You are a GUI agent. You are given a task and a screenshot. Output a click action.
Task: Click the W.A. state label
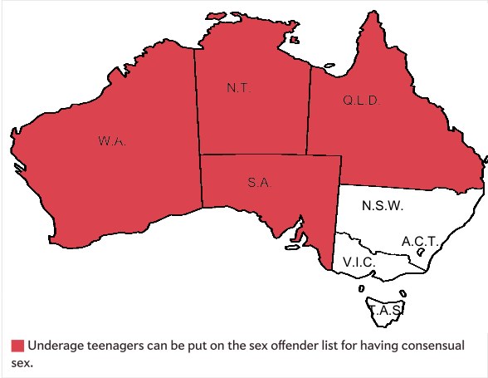[x=111, y=141]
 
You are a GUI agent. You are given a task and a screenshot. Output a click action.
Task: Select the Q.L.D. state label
[x=361, y=101]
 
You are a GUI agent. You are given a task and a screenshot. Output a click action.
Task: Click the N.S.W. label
[x=383, y=205]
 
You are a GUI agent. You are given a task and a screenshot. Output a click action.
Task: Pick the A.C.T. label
[x=419, y=241]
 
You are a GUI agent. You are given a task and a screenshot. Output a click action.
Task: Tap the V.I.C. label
[x=360, y=263]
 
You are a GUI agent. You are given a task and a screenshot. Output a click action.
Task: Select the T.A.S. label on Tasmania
[x=386, y=310]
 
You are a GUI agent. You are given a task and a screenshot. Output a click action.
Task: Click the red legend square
[x=16, y=346]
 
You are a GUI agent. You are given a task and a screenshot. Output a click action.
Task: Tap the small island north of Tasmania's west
[x=363, y=289]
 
